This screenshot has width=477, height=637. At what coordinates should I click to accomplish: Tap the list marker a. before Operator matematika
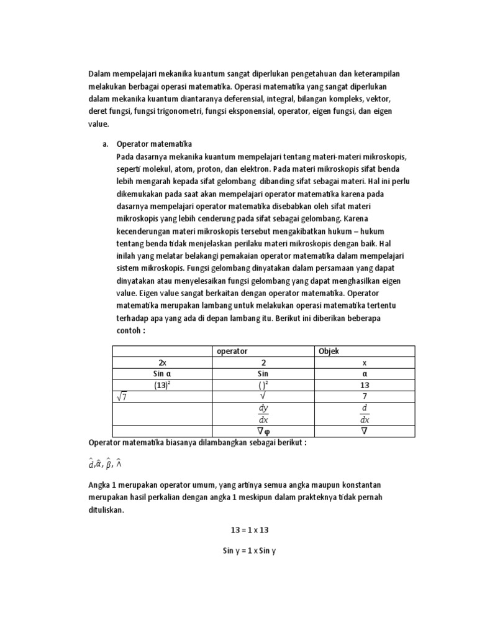point(106,144)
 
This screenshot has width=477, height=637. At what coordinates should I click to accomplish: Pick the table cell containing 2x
point(161,363)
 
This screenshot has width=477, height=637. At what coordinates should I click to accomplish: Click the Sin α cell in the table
point(161,374)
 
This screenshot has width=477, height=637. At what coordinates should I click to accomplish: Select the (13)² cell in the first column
point(161,386)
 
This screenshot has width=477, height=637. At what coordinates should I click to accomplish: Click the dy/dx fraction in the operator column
point(263,414)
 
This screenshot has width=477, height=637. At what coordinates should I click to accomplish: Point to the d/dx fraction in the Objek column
point(365,414)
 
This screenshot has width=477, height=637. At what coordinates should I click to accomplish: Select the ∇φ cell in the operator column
point(263,430)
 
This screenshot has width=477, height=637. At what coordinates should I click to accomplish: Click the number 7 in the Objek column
point(365,397)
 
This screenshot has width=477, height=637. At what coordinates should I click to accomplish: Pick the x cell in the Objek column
point(365,363)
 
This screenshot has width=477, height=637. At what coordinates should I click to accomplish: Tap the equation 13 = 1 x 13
point(249,530)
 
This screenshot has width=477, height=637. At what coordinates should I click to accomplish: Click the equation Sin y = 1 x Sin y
point(249,551)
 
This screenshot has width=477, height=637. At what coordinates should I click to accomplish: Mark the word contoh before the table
point(129,330)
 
